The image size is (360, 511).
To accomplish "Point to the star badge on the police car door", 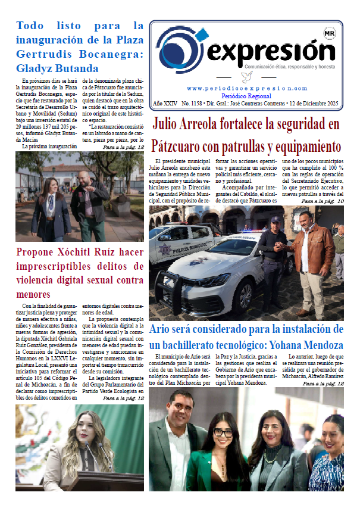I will point(164,251).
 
